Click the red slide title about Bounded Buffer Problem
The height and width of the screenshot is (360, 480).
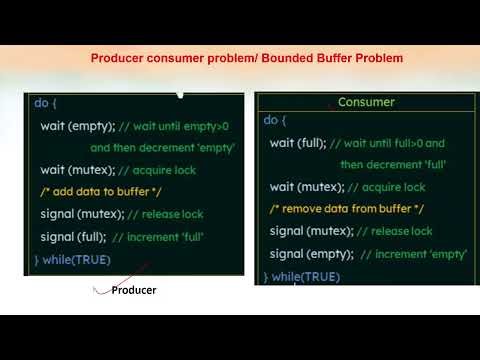pos(246,59)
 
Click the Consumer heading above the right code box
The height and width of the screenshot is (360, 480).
pos(366,102)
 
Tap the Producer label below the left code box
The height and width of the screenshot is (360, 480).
pos(133,290)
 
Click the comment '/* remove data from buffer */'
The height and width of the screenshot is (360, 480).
pos(347,209)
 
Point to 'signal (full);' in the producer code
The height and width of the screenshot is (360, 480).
pos(72,237)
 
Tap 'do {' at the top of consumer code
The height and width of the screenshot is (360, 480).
pos(274,120)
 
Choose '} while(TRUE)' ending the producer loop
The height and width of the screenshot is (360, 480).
pos(73,260)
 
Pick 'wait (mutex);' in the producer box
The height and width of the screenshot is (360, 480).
pos(76,170)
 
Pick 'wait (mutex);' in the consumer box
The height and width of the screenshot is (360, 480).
pos(306,187)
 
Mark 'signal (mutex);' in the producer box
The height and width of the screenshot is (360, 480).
pos(80,215)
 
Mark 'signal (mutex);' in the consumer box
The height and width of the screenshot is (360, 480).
pos(310,231)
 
